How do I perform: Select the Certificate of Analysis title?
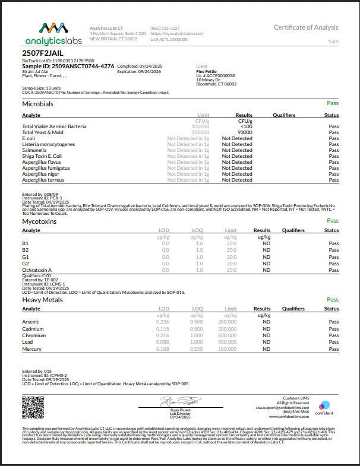pos(306,28)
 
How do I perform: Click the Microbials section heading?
pos(37,103)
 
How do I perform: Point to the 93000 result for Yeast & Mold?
pos(244,132)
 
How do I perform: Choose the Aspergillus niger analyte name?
pos(40,173)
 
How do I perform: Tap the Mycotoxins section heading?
pos(39,221)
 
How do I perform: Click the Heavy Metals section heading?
pos(42,300)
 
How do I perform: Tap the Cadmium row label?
pos(33,329)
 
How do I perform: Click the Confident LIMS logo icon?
pos(324,406)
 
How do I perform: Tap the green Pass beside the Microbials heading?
pos(333,103)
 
